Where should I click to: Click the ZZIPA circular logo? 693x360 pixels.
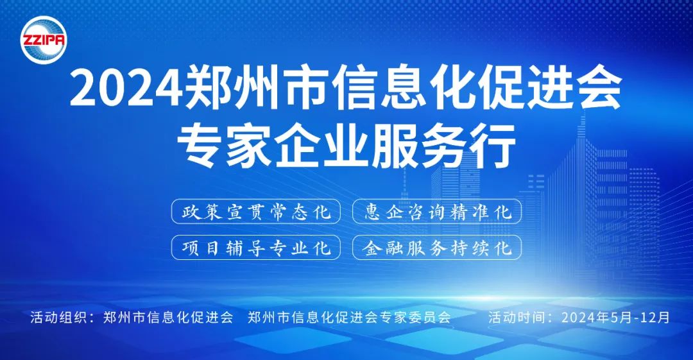pyautogui.click(x=44, y=40)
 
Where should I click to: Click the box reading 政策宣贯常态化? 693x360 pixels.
pyautogui.click(x=256, y=211)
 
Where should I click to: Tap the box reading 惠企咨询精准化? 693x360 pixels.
pyautogui.click(x=437, y=211)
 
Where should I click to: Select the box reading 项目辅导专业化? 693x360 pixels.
pyautogui.click(x=256, y=247)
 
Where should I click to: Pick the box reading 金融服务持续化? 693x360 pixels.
pyautogui.click(x=437, y=247)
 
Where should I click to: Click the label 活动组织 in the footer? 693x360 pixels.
pyautogui.click(x=59, y=317)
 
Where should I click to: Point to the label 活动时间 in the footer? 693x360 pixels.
pyautogui.click(x=517, y=317)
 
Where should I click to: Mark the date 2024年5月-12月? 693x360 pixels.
pyautogui.click(x=615, y=317)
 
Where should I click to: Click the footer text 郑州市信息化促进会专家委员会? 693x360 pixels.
pyautogui.click(x=349, y=317)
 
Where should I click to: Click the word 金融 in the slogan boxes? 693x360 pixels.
pyautogui.click(x=382, y=248)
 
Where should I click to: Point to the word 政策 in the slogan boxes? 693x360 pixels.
pyautogui.click(x=201, y=212)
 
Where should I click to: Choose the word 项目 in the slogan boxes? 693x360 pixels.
pyautogui.click(x=201, y=248)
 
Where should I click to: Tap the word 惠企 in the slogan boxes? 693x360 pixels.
pyautogui.click(x=382, y=212)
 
